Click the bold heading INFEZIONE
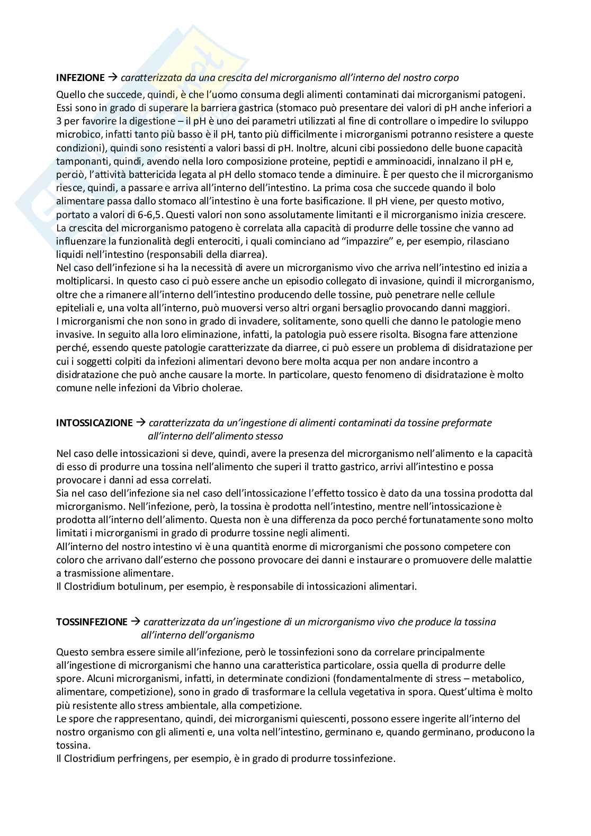pos(80,78)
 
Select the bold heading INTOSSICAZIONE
pos(94,423)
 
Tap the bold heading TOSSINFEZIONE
pos(92,622)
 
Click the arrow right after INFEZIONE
pos(113,78)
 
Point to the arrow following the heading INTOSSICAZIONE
pos(141,423)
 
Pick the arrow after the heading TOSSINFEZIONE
pos(136,622)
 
